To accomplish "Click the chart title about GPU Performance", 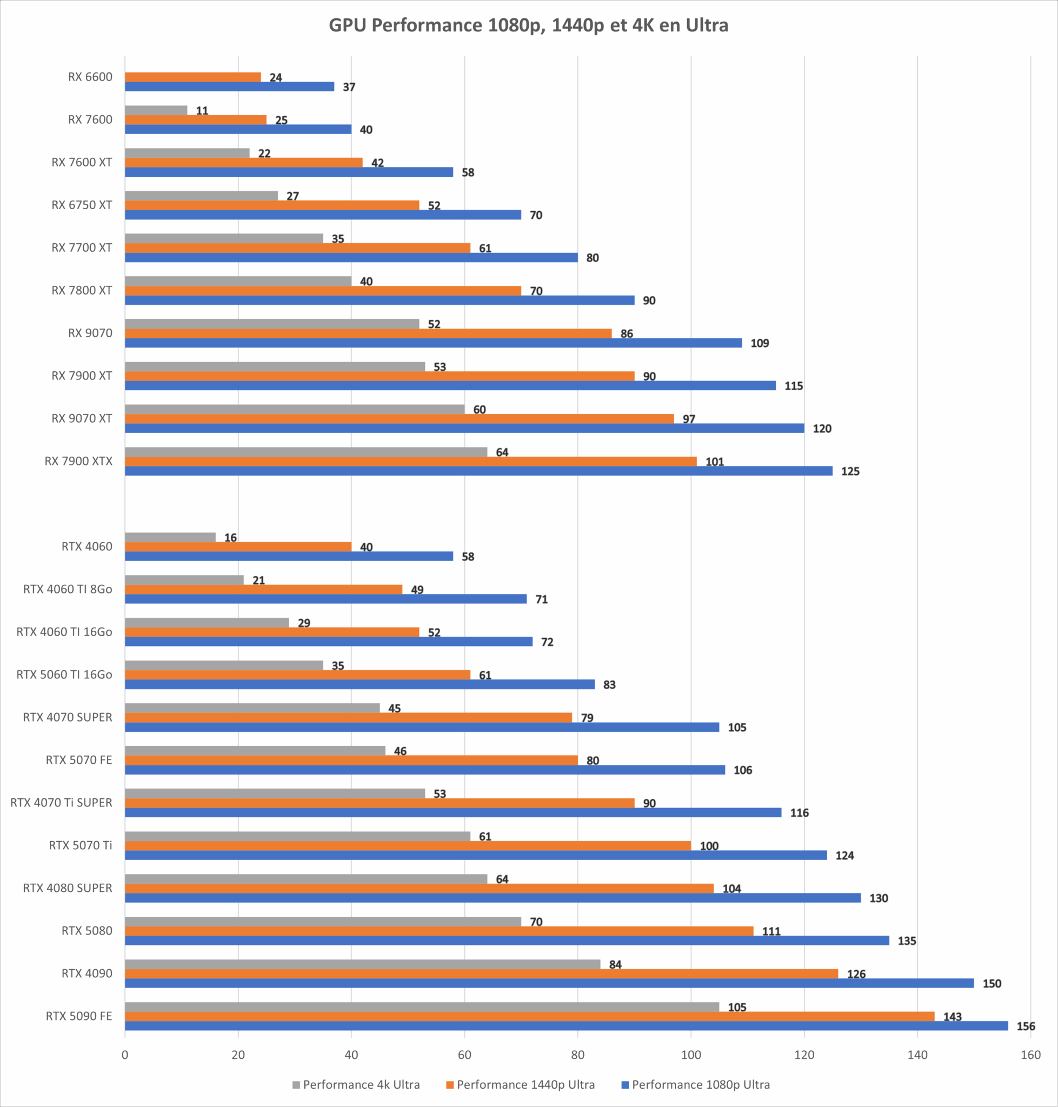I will pyautogui.click(x=528, y=25).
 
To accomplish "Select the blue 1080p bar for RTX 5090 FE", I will pyautogui.click(x=565, y=1026).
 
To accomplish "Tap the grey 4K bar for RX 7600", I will pyautogui.click(x=156, y=110).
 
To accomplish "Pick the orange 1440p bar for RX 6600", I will pyautogui.click(x=192, y=77).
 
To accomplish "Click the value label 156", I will pyautogui.click(x=1026, y=1026).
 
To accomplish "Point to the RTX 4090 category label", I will pyautogui.click(x=87, y=973).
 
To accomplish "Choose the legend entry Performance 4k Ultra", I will pyautogui.click(x=361, y=1084).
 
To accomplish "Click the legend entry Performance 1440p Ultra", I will pyautogui.click(x=525, y=1084).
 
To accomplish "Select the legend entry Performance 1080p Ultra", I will pyautogui.click(x=701, y=1084).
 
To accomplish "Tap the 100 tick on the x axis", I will pyautogui.click(x=691, y=1055).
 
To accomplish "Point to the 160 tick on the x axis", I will pyautogui.click(x=1030, y=1055).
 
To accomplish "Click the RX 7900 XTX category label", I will pyautogui.click(x=78, y=461).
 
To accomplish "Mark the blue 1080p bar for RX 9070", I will pyautogui.click(x=433, y=343).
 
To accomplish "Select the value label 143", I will pyautogui.click(x=953, y=1017).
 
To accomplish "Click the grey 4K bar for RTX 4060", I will pyautogui.click(x=170, y=537).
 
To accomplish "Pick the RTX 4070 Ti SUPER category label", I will pyautogui.click(x=62, y=803).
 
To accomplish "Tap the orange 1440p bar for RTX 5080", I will pyautogui.click(x=439, y=931).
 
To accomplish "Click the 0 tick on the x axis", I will pyautogui.click(x=125, y=1055).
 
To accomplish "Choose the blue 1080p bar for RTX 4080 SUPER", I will pyautogui.click(x=493, y=898).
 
